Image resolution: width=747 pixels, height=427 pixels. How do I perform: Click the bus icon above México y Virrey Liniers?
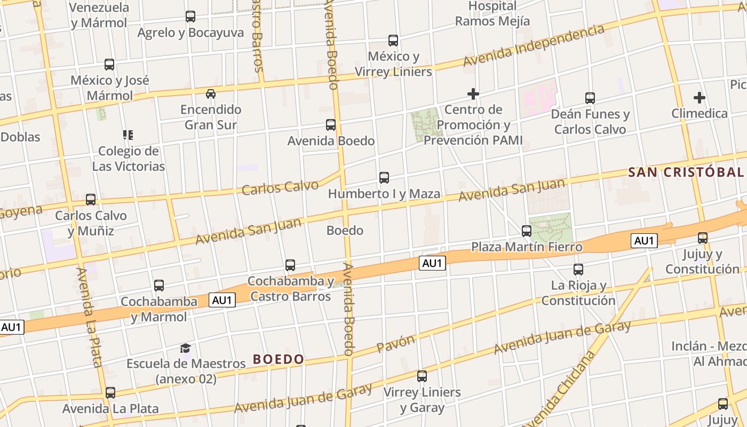pos(393,41)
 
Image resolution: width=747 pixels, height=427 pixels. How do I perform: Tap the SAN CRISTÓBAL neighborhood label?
pos(686,172)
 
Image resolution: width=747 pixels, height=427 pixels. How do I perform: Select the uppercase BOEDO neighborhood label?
pos(279,359)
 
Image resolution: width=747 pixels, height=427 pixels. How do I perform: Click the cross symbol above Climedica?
pos(699,98)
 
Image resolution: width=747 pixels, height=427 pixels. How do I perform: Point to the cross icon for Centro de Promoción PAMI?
pos(473,94)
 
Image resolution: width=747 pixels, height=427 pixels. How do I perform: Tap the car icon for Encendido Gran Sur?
pos(211,94)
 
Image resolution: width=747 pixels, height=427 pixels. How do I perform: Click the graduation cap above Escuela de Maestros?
pos(185,349)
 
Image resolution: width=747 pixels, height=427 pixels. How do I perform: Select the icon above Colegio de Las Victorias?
pos(128,135)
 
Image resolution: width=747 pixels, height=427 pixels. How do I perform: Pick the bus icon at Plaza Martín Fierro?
pos(527,231)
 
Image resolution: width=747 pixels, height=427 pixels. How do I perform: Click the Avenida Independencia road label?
pos(534,46)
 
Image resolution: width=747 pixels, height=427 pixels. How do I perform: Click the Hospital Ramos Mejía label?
pos(492,14)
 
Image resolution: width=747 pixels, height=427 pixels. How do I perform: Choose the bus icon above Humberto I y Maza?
pos(384,178)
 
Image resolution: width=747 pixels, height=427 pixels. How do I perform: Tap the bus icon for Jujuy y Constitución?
pos(703,238)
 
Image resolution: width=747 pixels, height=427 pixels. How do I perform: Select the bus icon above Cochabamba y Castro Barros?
pos(290,265)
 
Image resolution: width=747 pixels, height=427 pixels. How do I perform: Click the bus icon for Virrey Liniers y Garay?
pos(422,376)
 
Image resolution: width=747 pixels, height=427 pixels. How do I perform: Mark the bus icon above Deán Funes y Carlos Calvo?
pos(590,98)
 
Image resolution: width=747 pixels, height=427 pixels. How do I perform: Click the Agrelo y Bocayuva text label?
pos(190,33)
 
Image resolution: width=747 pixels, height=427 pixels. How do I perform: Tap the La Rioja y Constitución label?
pos(578,292)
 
